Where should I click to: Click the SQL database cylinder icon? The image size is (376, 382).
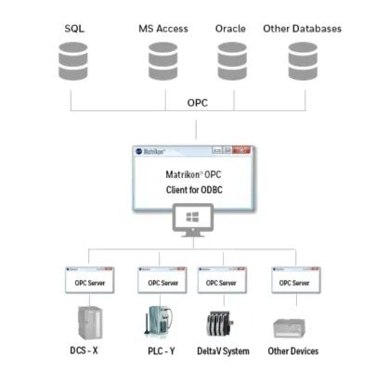[x=73, y=61]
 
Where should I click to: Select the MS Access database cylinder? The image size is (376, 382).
[x=162, y=61]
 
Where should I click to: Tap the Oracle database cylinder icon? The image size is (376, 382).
[x=232, y=61]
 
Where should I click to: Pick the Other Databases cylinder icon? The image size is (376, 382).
[x=303, y=61]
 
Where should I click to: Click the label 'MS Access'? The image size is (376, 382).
[x=163, y=29]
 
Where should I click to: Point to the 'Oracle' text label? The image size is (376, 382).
[x=230, y=29]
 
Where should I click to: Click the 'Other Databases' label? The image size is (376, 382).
[x=303, y=29]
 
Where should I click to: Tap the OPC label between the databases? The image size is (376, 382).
[x=198, y=103]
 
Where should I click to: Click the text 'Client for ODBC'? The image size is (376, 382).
[x=194, y=189]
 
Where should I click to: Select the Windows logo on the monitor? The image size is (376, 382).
[x=192, y=217]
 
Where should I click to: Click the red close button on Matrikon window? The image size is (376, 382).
[x=241, y=150]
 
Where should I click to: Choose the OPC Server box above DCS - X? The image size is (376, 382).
[x=90, y=280]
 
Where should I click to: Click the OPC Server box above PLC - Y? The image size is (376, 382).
[x=162, y=280]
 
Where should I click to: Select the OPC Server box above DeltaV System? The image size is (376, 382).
[x=222, y=280]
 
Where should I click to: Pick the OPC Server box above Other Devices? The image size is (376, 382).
[x=296, y=280]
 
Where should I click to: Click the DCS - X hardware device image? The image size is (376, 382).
[x=89, y=323]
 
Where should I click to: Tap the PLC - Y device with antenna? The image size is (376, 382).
[x=158, y=322]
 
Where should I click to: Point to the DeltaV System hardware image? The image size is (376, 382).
[x=220, y=324]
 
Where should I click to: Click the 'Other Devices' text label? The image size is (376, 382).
[x=293, y=351]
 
